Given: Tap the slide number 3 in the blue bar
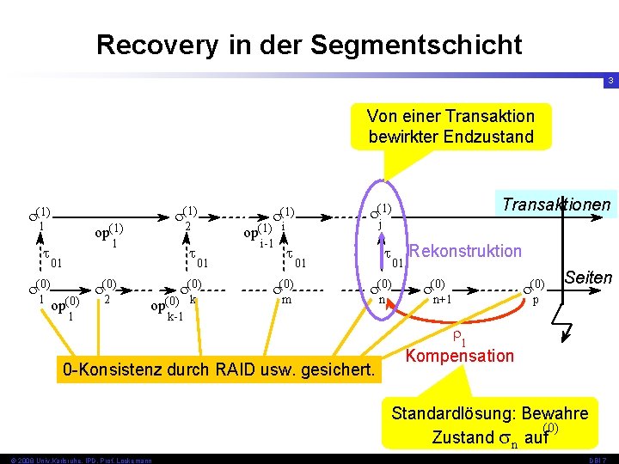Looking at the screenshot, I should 610,81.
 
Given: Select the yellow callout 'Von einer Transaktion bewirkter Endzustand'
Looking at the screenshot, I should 450,126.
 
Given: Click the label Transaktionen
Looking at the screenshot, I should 555,205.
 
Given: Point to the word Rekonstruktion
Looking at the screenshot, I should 466,251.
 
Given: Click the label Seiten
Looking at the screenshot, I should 588,278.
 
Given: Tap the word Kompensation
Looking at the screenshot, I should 460,356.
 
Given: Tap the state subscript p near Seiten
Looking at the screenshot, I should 536,302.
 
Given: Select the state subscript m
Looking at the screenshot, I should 286,300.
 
